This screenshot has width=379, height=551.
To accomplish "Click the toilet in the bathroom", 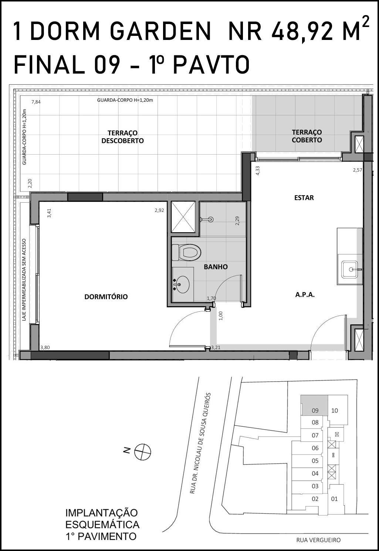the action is [186, 252].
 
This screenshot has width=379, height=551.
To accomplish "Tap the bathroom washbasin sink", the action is [182, 284].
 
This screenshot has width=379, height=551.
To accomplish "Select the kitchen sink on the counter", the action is [349, 269].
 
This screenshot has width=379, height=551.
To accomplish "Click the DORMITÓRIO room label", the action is [106, 297].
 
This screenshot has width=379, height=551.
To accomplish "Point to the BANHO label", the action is [216, 267].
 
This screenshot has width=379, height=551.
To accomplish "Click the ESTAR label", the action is [304, 198].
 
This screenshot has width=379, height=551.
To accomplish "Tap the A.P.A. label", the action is [305, 295].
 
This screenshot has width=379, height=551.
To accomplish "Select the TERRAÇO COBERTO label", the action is [307, 136].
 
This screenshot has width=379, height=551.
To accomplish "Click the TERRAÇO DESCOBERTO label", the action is [122, 137].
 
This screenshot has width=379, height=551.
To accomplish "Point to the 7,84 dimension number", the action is [36, 102].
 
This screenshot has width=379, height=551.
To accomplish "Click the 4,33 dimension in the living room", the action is [257, 170].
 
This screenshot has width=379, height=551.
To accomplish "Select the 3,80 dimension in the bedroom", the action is [45, 348].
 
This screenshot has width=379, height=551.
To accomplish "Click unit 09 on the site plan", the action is [315, 410].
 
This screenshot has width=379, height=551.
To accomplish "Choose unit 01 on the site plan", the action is [335, 499].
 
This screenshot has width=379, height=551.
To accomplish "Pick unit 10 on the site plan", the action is [335, 410].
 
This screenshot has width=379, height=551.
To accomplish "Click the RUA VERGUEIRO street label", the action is [318, 540].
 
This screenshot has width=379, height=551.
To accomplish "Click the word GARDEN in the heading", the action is [161, 31].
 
